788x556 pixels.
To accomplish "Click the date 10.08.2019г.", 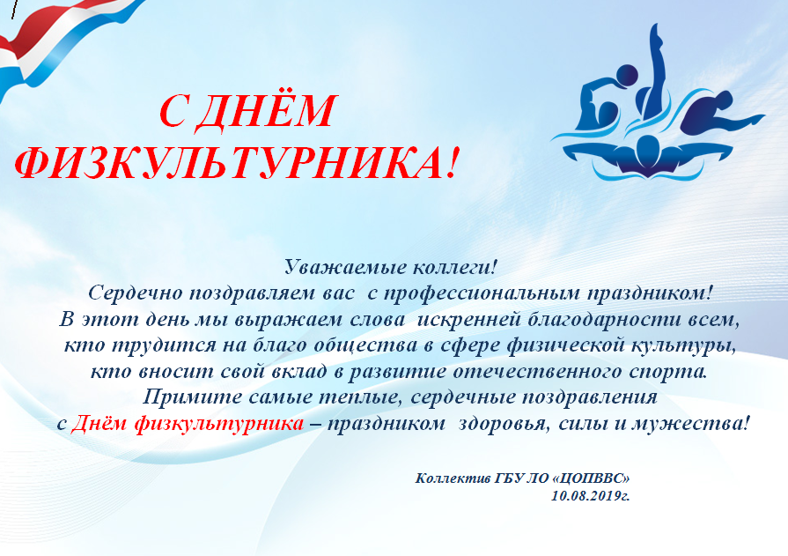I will [x=590, y=496].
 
